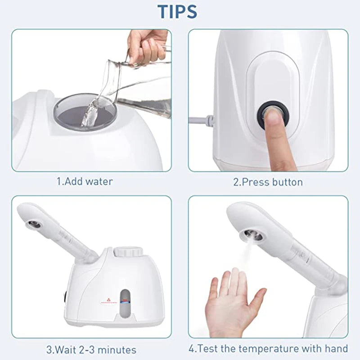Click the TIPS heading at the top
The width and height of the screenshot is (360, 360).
(x=177, y=11)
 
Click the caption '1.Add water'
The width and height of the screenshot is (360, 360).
(x=84, y=181)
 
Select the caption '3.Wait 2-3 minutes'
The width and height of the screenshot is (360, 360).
(x=91, y=349)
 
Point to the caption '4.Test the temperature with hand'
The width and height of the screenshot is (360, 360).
(x=268, y=348)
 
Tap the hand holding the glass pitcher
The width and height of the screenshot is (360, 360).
(x=146, y=45)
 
